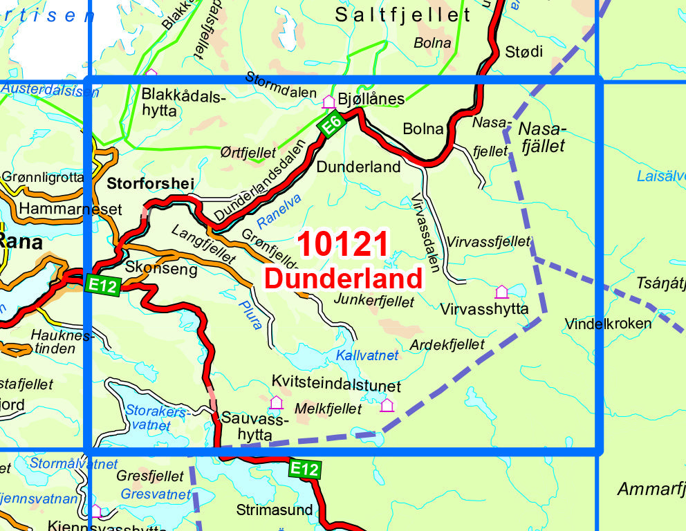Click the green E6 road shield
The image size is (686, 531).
(x=331, y=124)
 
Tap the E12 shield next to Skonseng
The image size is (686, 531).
(x=104, y=284)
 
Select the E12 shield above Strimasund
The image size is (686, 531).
(x=304, y=469)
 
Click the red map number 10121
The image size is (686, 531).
(x=343, y=245)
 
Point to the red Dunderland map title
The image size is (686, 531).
(x=343, y=278)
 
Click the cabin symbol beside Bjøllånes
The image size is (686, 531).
(x=328, y=102)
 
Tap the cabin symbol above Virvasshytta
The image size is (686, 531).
(x=501, y=292)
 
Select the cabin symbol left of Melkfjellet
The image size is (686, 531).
(x=277, y=402)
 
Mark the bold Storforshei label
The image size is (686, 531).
(x=151, y=184)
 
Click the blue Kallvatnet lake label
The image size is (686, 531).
(x=367, y=355)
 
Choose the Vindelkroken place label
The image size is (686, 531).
(x=608, y=324)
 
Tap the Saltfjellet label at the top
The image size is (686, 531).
(x=402, y=15)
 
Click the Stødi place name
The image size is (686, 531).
(x=524, y=51)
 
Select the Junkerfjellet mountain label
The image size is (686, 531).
(x=373, y=301)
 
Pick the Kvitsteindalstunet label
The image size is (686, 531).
(x=336, y=385)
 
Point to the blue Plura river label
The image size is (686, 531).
(x=252, y=313)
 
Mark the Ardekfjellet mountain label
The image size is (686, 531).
(x=447, y=344)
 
